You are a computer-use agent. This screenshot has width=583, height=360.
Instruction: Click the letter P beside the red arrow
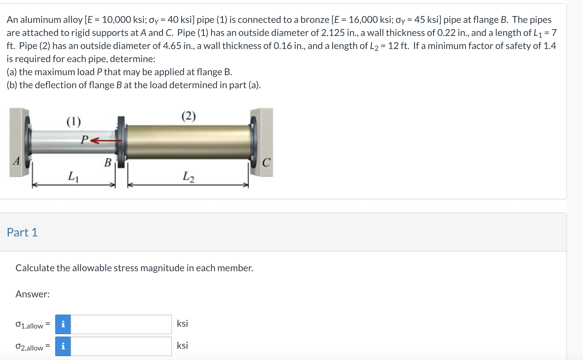[x=85, y=139]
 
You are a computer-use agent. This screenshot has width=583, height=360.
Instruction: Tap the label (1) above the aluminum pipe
[x=74, y=121]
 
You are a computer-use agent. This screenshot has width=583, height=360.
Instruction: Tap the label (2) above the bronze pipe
[x=188, y=116]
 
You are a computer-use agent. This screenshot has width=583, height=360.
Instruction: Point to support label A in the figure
[x=17, y=161]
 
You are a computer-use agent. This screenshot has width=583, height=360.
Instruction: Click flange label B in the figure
[x=108, y=162]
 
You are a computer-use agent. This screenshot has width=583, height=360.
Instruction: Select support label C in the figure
[x=266, y=162]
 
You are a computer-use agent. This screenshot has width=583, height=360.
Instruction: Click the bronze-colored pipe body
[x=188, y=142]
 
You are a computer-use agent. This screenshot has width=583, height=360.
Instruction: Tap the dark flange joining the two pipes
[x=121, y=142]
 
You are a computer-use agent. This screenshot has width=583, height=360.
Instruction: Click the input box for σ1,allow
[x=121, y=324]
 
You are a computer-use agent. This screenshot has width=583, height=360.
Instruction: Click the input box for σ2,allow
[x=121, y=346]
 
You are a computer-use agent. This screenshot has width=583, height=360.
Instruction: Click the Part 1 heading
[x=22, y=232]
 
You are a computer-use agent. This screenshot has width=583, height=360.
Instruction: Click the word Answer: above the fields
[x=33, y=294]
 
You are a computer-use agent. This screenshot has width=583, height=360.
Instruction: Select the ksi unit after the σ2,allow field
[x=182, y=345]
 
